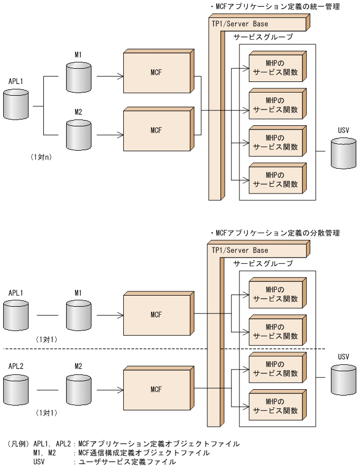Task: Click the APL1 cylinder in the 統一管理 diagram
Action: click(16, 104)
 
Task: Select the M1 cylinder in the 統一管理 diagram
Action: click(78, 78)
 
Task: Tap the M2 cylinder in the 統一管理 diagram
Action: click(78, 134)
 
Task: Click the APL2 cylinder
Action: click(16, 389)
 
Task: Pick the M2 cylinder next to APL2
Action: click(78, 389)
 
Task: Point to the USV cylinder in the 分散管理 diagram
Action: click(343, 380)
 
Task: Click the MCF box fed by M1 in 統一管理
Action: click(155, 73)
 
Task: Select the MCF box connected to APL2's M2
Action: click(155, 389)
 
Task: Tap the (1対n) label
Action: click(40, 157)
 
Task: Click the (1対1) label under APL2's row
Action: click(47, 412)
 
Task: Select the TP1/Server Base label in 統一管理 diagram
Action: click(240, 24)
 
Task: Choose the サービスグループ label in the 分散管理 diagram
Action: click(263, 263)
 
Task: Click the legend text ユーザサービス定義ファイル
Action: click(127, 462)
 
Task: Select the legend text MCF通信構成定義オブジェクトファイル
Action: click(143, 453)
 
